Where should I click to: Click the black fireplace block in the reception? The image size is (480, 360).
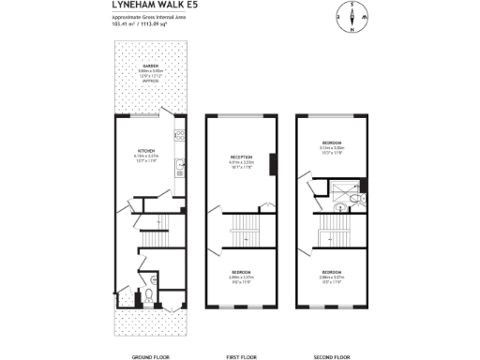tap(272, 164)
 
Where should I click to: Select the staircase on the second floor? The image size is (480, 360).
tap(331, 227)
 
